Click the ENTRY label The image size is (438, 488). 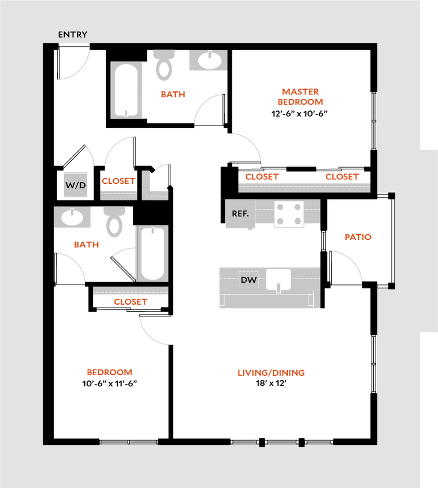tap(73, 35)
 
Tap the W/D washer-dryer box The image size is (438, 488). tap(76, 186)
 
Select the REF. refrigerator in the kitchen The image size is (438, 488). tap(240, 213)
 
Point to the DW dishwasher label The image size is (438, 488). tap(248, 280)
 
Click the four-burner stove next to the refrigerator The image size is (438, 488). tap(288, 213)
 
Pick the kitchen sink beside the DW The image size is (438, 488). tap(279, 279)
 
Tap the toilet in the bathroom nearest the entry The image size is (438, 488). tap(164, 65)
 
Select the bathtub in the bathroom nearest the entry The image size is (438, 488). tap(127, 90)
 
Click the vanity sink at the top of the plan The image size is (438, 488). tap(207, 60)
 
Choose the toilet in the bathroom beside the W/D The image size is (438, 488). tap(114, 221)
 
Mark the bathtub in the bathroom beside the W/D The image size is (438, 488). tap(153, 253)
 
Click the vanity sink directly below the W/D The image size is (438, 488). tap(73, 217)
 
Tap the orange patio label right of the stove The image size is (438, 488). tap(358, 237)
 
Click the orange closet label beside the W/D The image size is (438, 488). tap(118, 181)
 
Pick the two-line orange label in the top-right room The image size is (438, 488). tap(300, 97)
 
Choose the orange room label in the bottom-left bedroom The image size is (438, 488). tap(109, 372)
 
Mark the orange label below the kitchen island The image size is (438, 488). tap(271, 373)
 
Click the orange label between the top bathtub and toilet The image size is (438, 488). tap(173, 94)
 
